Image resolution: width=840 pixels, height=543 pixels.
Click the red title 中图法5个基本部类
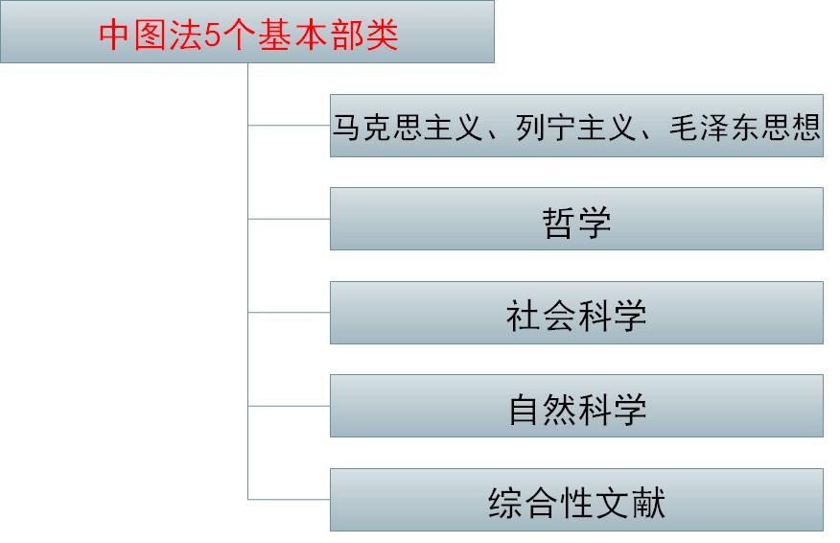point(248,35)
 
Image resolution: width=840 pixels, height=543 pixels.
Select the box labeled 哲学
point(576,219)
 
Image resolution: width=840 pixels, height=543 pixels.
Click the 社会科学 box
point(576,313)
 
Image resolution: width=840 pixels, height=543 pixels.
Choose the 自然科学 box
point(576,407)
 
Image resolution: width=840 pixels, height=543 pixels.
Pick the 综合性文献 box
point(576,500)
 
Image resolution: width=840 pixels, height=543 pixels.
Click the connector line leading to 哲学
point(289,219)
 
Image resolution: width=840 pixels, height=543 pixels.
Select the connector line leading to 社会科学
point(289,313)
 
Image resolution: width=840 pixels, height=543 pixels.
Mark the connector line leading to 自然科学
point(289,406)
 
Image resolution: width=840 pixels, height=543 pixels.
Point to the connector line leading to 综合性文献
point(289,499)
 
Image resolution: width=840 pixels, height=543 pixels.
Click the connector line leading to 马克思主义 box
point(289,125)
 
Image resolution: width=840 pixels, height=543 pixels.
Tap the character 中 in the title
point(114,35)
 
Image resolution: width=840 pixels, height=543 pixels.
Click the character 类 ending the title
point(382,35)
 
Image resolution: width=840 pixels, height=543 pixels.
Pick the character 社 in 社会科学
point(524,315)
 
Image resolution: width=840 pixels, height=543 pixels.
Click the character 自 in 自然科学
point(524,409)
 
